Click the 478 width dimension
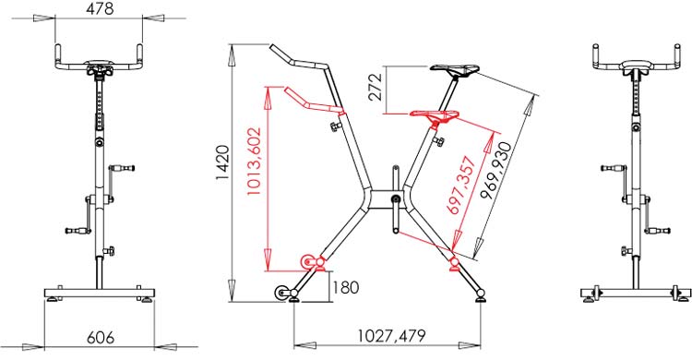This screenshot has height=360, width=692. pyautogui.click(x=100, y=9)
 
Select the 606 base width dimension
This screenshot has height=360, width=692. pyautogui.click(x=101, y=338)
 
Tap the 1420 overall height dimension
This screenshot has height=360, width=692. pyautogui.click(x=222, y=162)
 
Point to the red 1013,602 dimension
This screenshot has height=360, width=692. pyautogui.click(x=254, y=162)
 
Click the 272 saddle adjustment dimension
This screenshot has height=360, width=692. pyautogui.click(x=376, y=88)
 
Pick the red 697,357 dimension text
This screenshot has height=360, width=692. pyautogui.click(x=462, y=186)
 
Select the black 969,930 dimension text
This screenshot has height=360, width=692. pyautogui.click(x=498, y=170)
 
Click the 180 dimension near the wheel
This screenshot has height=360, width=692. pyautogui.click(x=345, y=288)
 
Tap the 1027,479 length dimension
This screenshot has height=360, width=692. pyautogui.click(x=391, y=336)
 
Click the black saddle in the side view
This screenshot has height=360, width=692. pyautogui.click(x=455, y=69)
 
